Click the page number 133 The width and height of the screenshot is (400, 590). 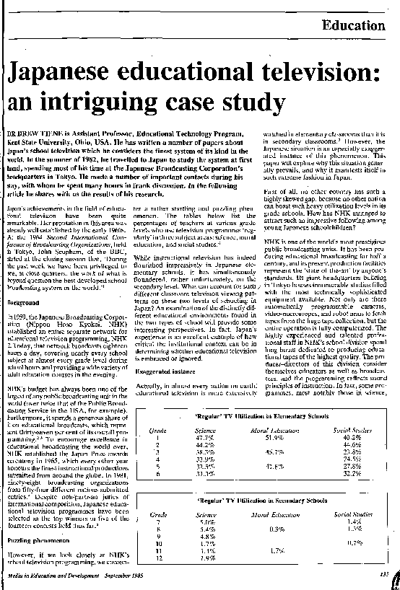click(383, 573)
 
